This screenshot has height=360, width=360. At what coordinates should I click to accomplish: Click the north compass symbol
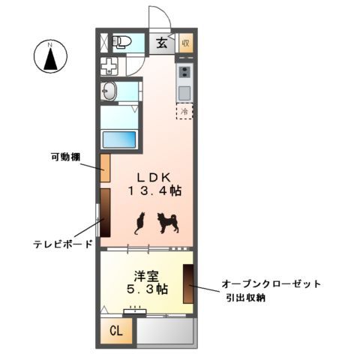pos(51,57)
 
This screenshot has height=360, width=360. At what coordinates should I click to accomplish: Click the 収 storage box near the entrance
pos(185,43)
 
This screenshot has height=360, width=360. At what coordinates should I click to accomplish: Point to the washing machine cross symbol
pos(109,67)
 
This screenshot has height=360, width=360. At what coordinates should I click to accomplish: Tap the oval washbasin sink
pos(109,92)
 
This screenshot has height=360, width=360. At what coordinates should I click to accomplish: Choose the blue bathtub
pos(119,139)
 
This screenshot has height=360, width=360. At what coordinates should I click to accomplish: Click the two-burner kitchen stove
pos(184,73)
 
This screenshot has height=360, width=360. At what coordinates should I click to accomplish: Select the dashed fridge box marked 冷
pos(184,109)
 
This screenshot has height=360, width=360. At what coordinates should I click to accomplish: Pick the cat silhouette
pos(139,223)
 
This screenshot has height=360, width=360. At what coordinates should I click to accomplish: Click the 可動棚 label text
pos(65,157)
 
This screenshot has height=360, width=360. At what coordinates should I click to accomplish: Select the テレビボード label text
pos(63,244)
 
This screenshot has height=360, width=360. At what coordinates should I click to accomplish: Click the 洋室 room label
pos(145,274)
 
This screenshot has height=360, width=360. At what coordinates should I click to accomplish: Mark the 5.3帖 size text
pos(145,289)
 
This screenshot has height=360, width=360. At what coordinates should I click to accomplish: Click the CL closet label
pos(117,331)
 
